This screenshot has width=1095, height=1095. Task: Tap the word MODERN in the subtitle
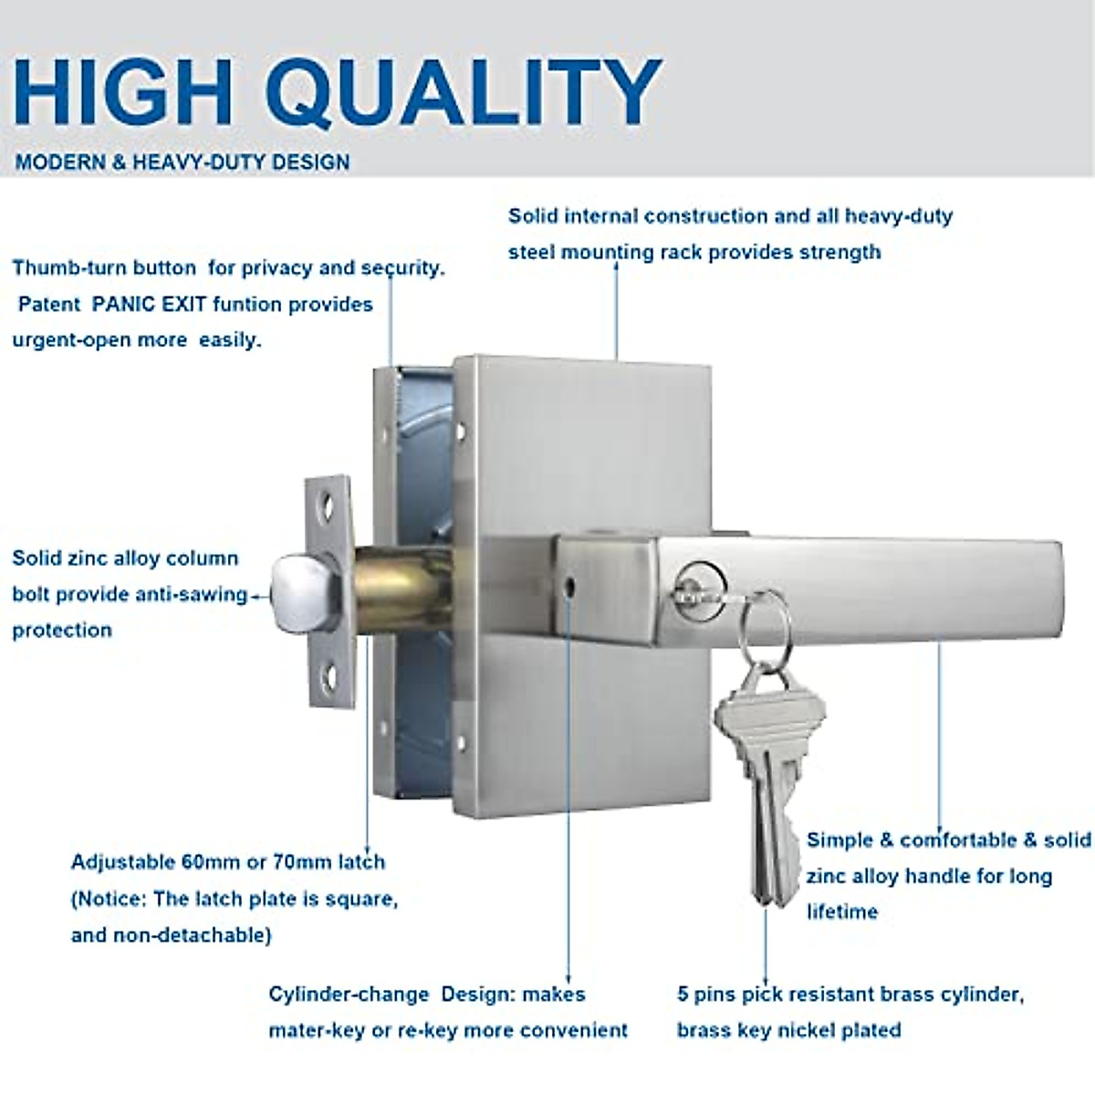tap(60, 162)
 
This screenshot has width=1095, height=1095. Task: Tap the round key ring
tap(765, 620)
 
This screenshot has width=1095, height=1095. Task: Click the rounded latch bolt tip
tap(302, 591)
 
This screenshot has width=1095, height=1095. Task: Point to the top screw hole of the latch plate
tap(327, 504)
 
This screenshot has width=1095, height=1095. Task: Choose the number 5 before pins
tap(683, 994)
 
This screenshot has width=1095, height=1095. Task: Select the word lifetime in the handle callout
tap(841, 912)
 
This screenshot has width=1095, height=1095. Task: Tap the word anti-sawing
tap(192, 594)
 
